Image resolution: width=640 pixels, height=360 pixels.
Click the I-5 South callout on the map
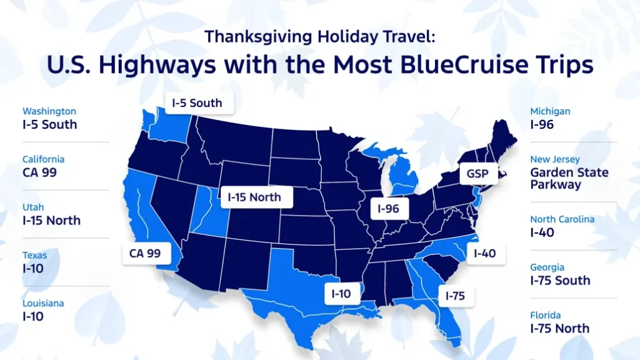click(197, 103)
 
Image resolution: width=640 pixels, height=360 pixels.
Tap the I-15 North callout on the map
click(254, 197)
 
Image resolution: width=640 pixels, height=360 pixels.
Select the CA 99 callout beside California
click(145, 253)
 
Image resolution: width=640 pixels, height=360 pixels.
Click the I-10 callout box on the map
click(341, 292)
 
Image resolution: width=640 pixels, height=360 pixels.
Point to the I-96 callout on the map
click(388, 209)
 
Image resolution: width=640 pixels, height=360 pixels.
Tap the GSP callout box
click(477, 174)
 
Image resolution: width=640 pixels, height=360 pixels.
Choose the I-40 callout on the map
click(484, 253)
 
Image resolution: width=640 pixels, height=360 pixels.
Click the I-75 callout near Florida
click(456, 296)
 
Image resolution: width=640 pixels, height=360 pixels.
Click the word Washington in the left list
click(49, 111)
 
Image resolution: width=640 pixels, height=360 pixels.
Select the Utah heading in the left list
click(33, 207)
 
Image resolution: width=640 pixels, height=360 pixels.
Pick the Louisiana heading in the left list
click(43, 303)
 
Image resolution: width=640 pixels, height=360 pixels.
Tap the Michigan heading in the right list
click(551, 111)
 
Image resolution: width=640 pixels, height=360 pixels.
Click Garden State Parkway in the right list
click(569, 178)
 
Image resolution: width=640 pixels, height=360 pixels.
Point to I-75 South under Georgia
click(560, 280)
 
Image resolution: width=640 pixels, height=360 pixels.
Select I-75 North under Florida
click(560, 328)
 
